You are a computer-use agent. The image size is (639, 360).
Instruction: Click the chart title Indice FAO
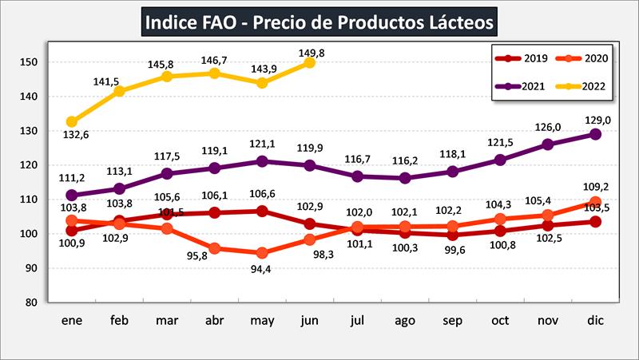pyautogui.click(x=319, y=21)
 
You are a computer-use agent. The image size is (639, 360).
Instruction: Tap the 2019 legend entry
pyautogui.click(x=523, y=57)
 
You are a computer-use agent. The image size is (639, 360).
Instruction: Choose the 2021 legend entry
pyautogui.click(x=523, y=85)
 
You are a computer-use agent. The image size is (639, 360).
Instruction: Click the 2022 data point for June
pyautogui.click(x=309, y=62)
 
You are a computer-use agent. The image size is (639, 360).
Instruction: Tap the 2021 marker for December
pyautogui.click(x=595, y=134)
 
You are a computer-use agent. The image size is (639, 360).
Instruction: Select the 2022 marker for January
pyautogui.click(x=72, y=121)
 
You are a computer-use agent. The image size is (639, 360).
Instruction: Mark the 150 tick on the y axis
pyautogui.click(x=30, y=62)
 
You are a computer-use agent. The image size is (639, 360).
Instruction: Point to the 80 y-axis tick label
pyautogui.click(x=33, y=303)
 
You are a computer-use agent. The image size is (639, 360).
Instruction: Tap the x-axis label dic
pyautogui.click(x=595, y=321)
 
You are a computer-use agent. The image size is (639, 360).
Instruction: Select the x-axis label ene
pyautogui.click(x=72, y=321)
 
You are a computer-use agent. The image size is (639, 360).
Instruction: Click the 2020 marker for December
pyautogui.click(x=595, y=202)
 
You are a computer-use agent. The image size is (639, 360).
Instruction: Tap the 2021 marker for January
pyautogui.click(x=72, y=195)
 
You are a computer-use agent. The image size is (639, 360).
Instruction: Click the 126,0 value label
pyautogui.click(x=548, y=127)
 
